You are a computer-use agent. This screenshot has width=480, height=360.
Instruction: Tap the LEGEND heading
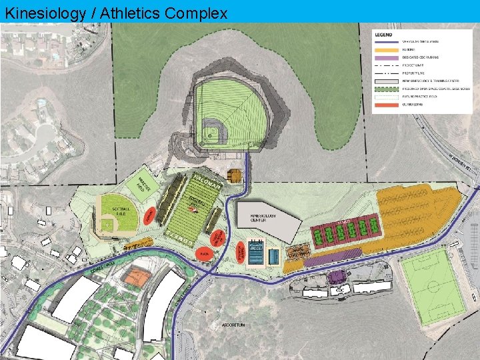tap(383, 34)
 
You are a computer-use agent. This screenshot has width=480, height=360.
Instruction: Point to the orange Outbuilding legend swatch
tap(387, 105)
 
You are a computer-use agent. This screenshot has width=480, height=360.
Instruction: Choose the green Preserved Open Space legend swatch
tap(387, 89)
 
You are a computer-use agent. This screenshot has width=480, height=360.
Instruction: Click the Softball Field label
tap(122, 211)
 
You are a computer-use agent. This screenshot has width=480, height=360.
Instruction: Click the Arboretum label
tap(234, 325)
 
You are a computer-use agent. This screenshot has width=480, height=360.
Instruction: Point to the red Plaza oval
tap(205, 254)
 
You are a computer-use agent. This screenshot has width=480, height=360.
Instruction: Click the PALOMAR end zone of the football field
tap(203, 181)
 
